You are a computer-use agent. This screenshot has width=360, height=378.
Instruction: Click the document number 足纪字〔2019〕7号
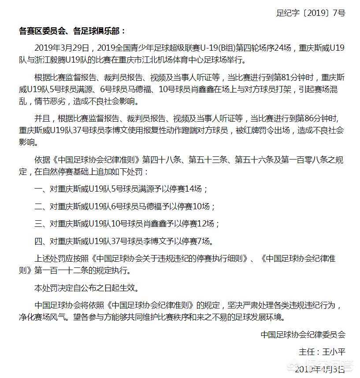(x=310, y=13)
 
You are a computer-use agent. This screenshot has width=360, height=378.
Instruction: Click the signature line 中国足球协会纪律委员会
(x=303, y=334)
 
